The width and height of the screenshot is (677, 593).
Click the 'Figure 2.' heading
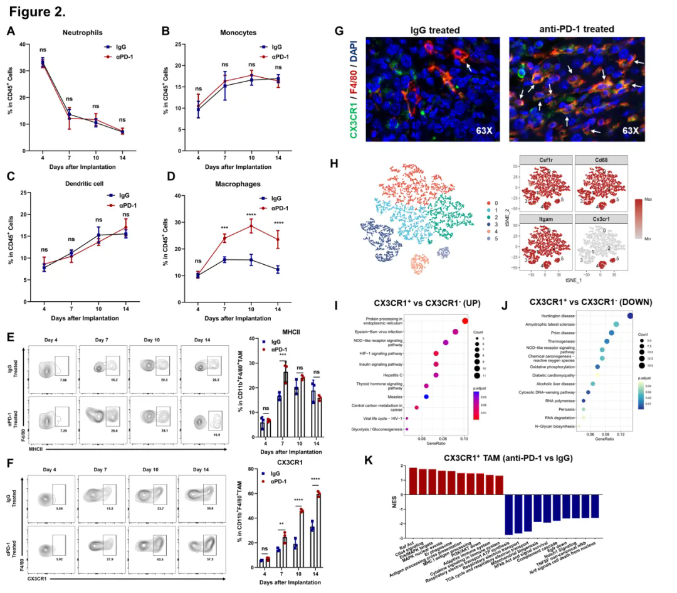[x=38, y=12]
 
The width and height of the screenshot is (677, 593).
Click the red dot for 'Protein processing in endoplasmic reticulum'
[x=464, y=321]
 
